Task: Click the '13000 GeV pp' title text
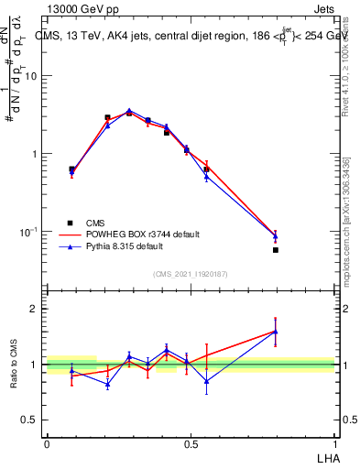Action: [83, 8]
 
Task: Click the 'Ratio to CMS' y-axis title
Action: [14, 364]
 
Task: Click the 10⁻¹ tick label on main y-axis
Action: [28, 231]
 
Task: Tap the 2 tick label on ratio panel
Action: [34, 309]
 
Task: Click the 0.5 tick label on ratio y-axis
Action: [30, 420]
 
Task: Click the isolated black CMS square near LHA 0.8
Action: [275, 249]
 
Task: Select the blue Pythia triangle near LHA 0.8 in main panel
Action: [275, 236]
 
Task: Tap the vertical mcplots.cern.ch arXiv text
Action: [351, 220]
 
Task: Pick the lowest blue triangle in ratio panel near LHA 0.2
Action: [107, 384]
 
